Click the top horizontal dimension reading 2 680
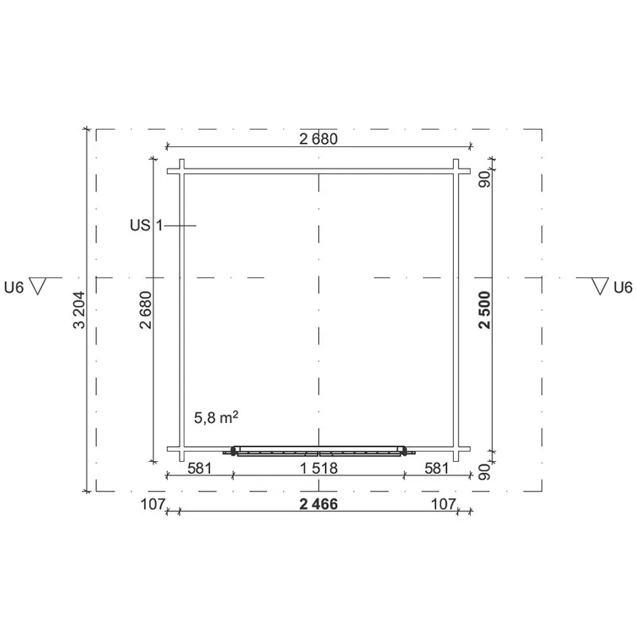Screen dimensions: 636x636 click(319, 139)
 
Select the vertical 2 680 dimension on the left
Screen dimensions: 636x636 click(145, 310)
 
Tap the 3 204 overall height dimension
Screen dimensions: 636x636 click(79, 310)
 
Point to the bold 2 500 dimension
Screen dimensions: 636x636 click(485, 310)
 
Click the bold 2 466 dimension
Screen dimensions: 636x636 click(319, 504)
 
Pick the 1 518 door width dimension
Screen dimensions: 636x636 click(319, 468)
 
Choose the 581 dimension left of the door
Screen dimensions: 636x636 click(200, 468)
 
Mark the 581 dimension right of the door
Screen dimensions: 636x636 click(436, 468)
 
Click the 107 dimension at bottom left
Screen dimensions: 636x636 click(153, 504)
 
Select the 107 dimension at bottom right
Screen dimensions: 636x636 click(444, 504)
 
